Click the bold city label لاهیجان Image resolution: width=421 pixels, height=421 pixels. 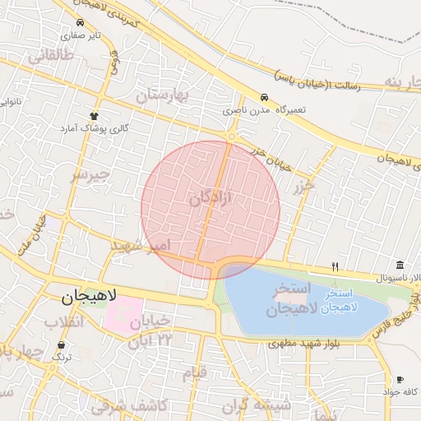click(x=90, y=294)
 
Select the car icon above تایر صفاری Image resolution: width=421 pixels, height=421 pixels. click(x=80, y=23)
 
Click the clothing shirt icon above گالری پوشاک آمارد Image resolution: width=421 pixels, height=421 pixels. click(x=95, y=117)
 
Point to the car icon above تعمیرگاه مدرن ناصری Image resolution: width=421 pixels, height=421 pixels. click(x=263, y=97)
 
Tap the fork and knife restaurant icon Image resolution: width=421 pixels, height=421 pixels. click(x=334, y=266)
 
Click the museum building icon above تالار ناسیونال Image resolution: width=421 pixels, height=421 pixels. click(x=400, y=265)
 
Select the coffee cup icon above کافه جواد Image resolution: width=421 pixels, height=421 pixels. click(x=400, y=379)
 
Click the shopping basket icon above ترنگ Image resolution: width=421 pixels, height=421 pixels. click(x=62, y=345)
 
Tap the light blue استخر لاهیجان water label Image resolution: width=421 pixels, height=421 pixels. click(x=339, y=299)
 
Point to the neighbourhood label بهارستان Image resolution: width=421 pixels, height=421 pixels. click(x=162, y=95)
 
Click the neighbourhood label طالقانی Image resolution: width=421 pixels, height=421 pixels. click(x=50, y=56)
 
